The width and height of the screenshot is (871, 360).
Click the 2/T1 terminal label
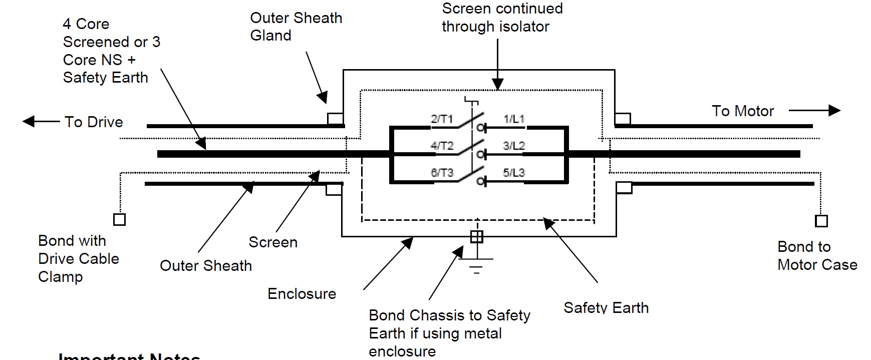441,119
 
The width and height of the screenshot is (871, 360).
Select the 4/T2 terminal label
442,146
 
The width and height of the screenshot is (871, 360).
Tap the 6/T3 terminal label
442,173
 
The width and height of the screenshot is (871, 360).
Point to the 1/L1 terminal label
514,119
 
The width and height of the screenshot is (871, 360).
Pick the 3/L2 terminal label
514,146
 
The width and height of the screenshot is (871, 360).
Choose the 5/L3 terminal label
514,173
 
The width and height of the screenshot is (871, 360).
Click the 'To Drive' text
94,122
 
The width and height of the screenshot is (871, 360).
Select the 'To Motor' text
743,111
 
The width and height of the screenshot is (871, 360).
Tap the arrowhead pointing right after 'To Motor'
834,110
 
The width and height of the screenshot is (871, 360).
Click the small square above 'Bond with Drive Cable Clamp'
120,219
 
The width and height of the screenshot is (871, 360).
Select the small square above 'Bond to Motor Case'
821,221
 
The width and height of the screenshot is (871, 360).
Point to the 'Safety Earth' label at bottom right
606,307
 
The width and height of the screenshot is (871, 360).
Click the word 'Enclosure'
302,294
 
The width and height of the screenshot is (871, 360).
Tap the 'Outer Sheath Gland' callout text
296,27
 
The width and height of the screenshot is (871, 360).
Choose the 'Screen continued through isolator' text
502,18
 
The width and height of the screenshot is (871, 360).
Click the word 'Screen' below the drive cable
273,242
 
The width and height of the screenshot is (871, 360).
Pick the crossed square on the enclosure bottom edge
477,236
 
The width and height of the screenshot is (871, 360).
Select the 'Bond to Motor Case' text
817,256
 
